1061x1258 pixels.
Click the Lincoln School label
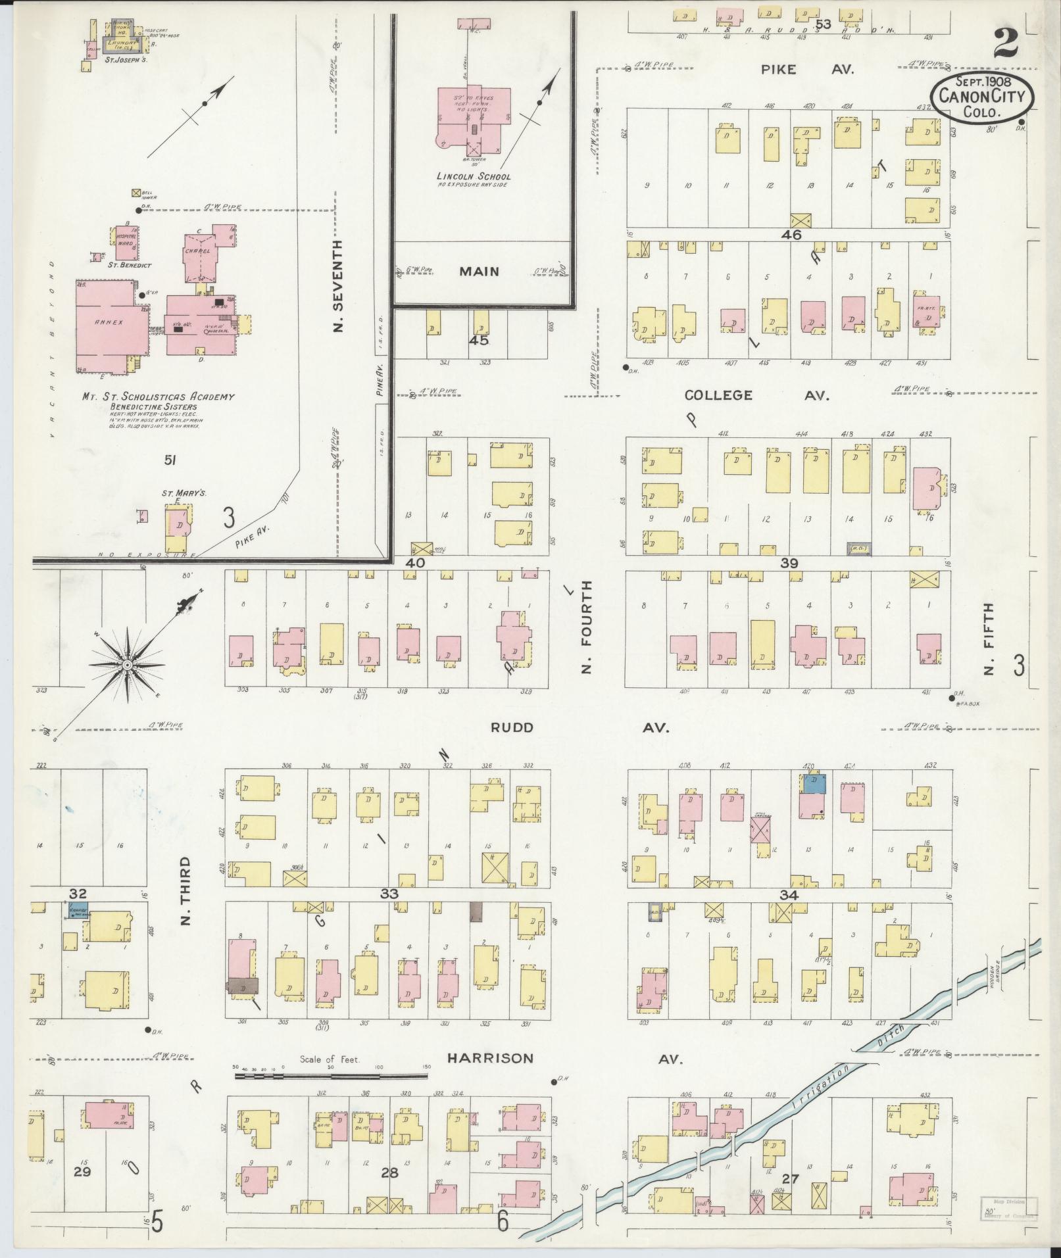(474, 177)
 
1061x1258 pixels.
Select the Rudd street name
(511, 728)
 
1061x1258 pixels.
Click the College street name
(718, 395)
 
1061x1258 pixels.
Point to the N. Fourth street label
(586, 627)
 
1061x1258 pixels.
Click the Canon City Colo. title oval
(981, 97)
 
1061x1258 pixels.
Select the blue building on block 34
(814, 783)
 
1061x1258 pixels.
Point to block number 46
(789, 234)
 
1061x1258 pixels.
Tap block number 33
(389, 894)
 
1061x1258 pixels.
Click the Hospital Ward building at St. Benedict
(126, 243)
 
